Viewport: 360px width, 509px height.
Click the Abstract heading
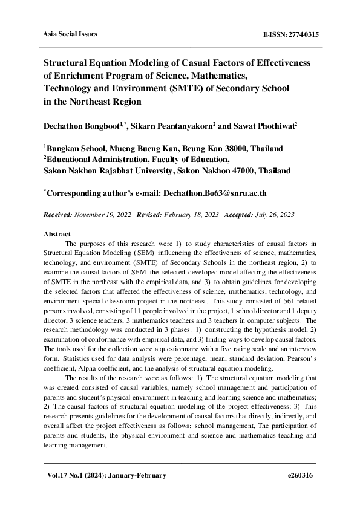coord(57,234)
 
